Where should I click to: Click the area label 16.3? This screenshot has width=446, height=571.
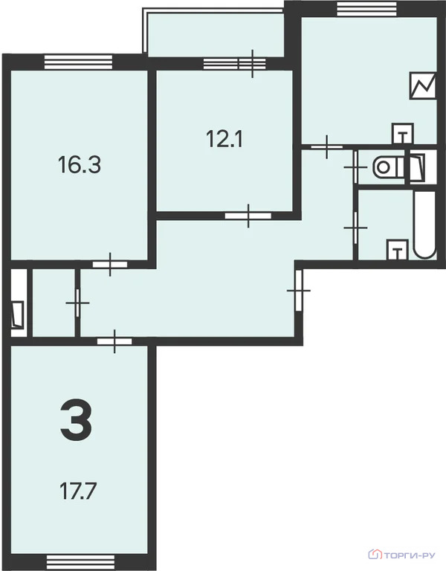click(79, 164)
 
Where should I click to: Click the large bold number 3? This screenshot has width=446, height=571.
click(76, 420)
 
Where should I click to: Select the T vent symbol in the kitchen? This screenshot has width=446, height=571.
click(402, 135)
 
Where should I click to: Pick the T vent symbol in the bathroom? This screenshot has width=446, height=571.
click(398, 251)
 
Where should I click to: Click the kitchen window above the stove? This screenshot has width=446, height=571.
click(367, 8)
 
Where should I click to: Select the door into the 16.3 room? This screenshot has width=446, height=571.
click(110, 263)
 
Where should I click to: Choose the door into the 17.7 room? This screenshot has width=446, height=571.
click(114, 341)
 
